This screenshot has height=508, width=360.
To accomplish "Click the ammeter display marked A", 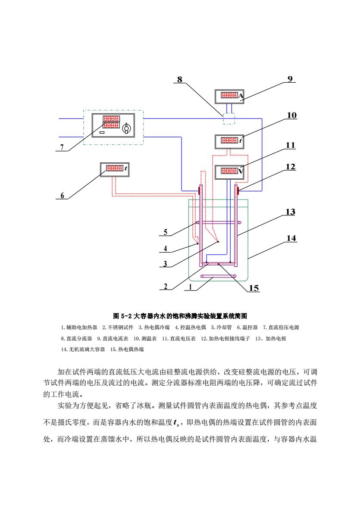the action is click(x=229, y=96).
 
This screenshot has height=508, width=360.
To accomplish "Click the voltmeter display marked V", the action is click(x=229, y=171).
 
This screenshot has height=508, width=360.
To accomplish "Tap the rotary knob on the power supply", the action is click(x=126, y=129).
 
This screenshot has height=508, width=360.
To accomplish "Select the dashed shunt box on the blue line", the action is click(x=229, y=119).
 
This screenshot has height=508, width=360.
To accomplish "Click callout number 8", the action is click(x=180, y=79).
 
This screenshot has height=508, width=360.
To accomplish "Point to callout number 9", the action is click(x=290, y=79).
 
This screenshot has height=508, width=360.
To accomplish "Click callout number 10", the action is click(x=291, y=115).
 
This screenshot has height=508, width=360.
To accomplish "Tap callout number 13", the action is click(x=290, y=212).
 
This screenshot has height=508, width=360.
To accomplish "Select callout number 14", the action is click(x=291, y=238).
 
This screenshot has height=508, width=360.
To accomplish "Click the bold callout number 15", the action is click(x=254, y=288).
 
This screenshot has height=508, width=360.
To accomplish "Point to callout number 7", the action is click(x=62, y=147).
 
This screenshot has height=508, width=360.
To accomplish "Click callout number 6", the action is click(x=62, y=195).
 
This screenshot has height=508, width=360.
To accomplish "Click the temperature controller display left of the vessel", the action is click(x=115, y=169).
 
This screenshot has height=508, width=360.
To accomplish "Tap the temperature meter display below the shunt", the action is click(x=229, y=141).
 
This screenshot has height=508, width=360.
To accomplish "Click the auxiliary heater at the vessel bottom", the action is click(x=218, y=276).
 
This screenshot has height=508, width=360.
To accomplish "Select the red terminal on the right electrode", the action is click(x=238, y=190).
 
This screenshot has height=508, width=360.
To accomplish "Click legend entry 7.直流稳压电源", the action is click(x=281, y=327).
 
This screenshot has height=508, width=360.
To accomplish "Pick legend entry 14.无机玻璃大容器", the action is click(x=83, y=349).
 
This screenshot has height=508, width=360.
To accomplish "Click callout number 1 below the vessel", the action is click(x=190, y=287).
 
